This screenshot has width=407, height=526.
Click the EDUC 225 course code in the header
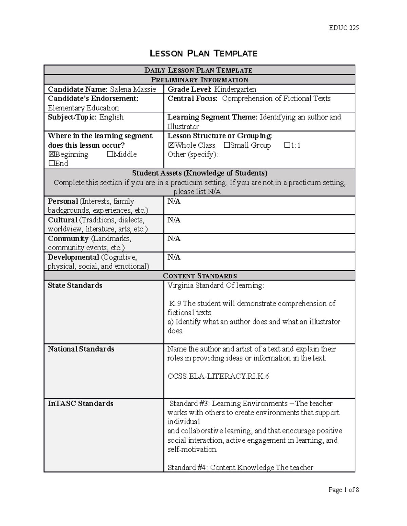click(344, 28)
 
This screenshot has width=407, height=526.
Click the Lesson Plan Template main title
click(203, 54)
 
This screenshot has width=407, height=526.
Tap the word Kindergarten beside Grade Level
click(235, 89)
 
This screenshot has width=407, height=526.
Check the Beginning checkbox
click(52, 154)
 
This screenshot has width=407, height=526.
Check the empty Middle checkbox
click(110, 154)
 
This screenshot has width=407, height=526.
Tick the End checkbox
click(52, 164)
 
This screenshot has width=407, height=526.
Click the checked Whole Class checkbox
click(171, 145)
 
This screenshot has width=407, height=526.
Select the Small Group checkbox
click(227, 145)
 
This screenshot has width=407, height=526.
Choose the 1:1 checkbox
click(288, 145)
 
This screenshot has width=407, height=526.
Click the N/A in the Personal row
click(174, 202)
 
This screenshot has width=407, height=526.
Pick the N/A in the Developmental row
click(174, 257)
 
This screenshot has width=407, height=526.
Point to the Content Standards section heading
click(200, 276)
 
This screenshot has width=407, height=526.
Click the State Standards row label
click(75, 286)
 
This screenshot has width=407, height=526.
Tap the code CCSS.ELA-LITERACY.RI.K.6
click(218, 376)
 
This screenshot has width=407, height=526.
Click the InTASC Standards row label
click(80, 404)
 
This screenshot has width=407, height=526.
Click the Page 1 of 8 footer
click(344, 490)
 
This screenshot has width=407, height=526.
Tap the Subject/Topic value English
click(111, 117)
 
